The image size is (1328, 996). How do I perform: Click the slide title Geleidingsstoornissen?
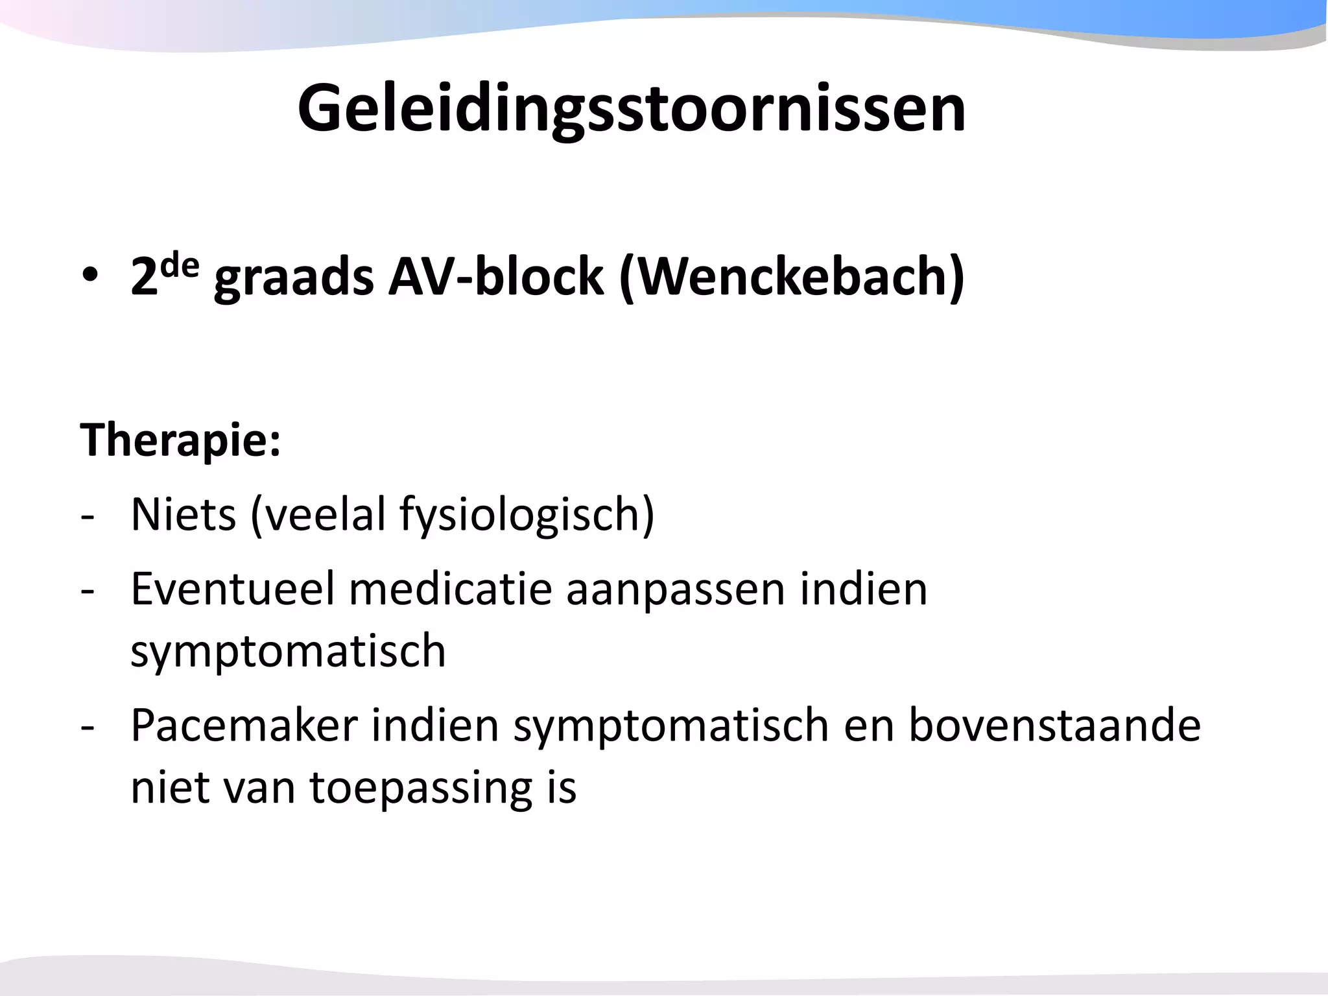pos(631,108)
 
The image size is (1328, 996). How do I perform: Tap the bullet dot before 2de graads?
pos(90,276)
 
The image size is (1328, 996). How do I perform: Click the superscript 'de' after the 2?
pos(180,265)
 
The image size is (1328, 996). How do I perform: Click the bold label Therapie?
pos(180,440)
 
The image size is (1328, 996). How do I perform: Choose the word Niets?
pos(184,514)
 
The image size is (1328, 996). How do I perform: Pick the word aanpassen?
pos(675,590)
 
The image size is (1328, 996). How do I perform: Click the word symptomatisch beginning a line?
pos(288,652)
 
